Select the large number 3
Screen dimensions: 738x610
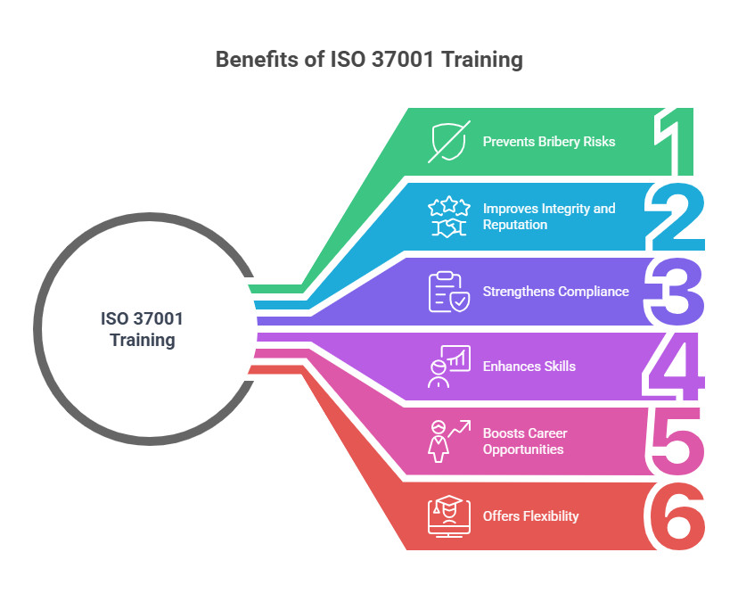point(675,292)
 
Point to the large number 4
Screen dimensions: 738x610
point(674,366)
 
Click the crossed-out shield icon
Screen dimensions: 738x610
point(448,142)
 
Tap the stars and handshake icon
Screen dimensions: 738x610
point(449,216)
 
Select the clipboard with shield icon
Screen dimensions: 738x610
point(449,292)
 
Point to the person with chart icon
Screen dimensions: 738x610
point(449,367)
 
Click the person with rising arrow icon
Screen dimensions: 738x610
point(449,441)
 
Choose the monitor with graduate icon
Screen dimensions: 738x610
point(449,516)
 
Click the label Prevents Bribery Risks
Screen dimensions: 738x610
point(549,142)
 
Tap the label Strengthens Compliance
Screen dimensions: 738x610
point(556,292)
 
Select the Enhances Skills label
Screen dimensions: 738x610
point(529,367)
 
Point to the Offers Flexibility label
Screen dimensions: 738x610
point(530,516)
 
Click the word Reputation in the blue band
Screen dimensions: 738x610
point(515,225)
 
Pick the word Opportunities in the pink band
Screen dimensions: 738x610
point(523,449)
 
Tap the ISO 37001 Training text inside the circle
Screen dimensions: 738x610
point(142,329)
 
